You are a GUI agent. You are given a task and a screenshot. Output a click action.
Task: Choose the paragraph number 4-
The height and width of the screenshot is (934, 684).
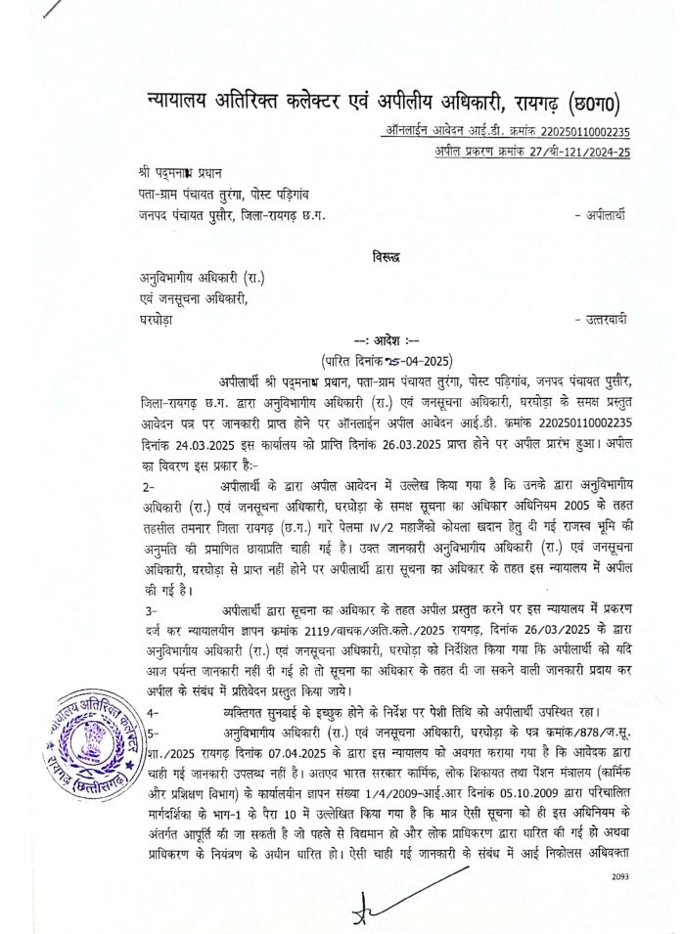tap(149, 713)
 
